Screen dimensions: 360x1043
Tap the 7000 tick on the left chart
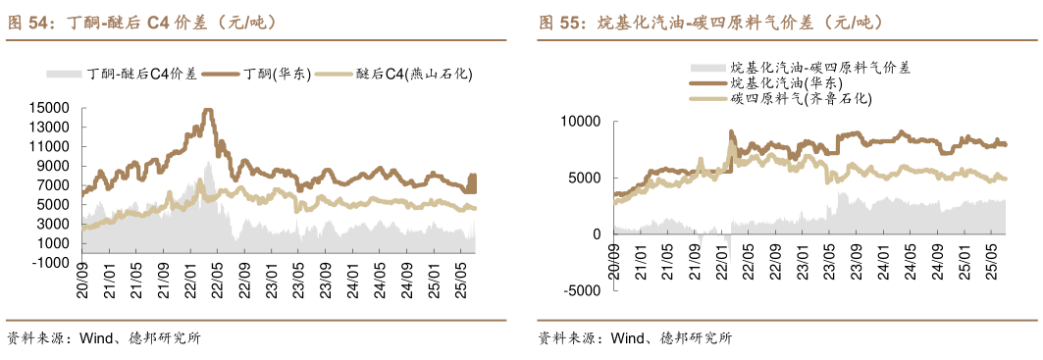[53, 185]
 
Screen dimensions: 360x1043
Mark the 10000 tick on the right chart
[579, 121]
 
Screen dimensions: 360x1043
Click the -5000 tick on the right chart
[582, 291]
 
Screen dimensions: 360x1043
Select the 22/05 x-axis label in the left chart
[219, 278]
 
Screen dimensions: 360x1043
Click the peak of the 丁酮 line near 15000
[206, 111]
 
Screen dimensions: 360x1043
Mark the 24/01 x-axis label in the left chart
[351, 278]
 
